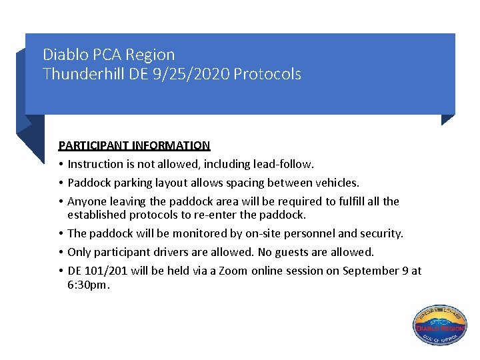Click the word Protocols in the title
tap(267, 74)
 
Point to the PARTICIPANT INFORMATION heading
tap(134, 145)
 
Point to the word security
tap(380, 233)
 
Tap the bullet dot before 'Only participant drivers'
tap(61, 252)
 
